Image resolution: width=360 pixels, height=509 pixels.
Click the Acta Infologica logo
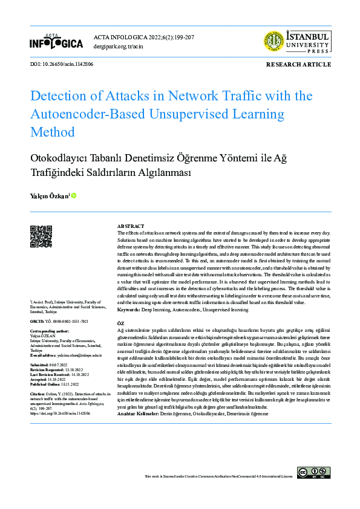[56, 42]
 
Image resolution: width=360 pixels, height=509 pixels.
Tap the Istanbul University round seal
[273, 42]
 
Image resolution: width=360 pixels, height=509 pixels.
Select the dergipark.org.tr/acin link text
[119, 45]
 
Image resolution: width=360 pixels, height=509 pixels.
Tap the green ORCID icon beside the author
[74, 195]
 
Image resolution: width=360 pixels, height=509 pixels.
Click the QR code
[41, 236]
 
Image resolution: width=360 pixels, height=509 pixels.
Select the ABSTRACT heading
[130, 225]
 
